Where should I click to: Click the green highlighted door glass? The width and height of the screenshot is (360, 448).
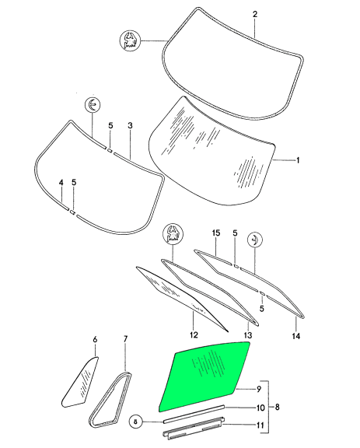pos(204,376)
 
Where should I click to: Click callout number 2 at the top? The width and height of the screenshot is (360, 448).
pos(255,14)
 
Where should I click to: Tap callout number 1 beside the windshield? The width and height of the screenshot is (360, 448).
pos(298,160)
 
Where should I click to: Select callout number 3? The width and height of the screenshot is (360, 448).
pos(130,125)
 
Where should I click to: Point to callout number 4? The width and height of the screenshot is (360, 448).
pos(61,182)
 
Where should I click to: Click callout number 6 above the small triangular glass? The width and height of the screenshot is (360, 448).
pos(95,339)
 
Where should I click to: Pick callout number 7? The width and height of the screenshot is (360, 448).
pos(125,339)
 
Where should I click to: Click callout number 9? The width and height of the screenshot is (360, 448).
pos(259,389)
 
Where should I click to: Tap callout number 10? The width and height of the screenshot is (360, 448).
pos(260,408)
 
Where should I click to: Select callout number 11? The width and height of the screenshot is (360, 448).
pos(260,425)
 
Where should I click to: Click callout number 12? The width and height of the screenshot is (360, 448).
pos(194,334)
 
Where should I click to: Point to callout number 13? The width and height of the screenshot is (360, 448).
pos(247,335)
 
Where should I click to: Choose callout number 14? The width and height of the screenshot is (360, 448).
pos(296,336)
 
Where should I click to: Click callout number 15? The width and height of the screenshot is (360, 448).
pos(216,233)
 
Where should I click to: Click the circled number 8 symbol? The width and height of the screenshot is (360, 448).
pos(136,422)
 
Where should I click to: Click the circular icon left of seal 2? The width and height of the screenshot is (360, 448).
pos(129,40)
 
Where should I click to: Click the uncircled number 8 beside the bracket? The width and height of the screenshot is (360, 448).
pos(277,407)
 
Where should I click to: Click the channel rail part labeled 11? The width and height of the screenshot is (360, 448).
pos(194,428)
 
